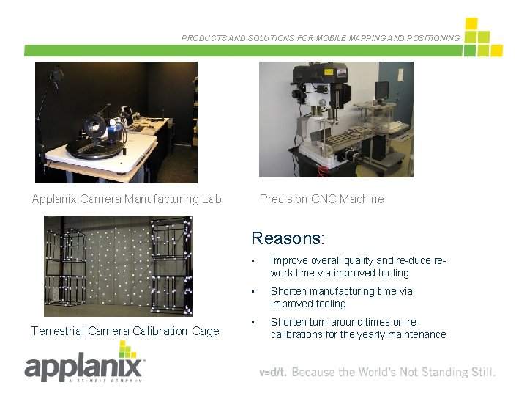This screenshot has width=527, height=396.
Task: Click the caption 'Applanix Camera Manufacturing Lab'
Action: pyautogui.click(x=127, y=199)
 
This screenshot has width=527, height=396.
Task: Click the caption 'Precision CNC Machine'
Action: pyautogui.click(x=321, y=199)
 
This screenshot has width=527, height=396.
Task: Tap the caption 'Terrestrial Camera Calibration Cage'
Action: pyautogui.click(x=125, y=331)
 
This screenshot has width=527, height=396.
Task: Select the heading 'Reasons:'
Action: pyautogui.click(x=288, y=238)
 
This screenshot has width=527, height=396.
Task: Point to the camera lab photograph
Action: pyautogui.click(x=116, y=122)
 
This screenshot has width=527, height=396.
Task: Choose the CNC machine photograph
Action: pyautogui.click(x=336, y=120)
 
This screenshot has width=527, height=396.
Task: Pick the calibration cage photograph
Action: pyautogui.click(x=118, y=265)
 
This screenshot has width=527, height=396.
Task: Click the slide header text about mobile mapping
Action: pyautogui.click(x=321, y=38)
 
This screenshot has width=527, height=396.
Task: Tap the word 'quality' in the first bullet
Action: pyautogui.click(x=355, y=260)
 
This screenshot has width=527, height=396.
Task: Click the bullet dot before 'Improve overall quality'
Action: pyautogui.click(x=252, y=261)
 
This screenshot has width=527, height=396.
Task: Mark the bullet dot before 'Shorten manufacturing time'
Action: pyautogui.click(x=252, y=292)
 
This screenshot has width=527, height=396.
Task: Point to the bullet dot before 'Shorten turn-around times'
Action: pyautogui.click(x=252, y=323)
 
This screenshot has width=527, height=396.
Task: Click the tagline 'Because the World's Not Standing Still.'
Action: pyautogui.click(x=394, y=373)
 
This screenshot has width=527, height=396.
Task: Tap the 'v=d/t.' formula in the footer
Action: pyautogui.click(x=274, y=373)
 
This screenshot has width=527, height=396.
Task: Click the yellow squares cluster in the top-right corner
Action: pyautogui.click(x=482, y=38)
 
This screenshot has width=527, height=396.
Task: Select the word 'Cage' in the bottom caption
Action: pyautogui.click(x=206, y=331)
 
